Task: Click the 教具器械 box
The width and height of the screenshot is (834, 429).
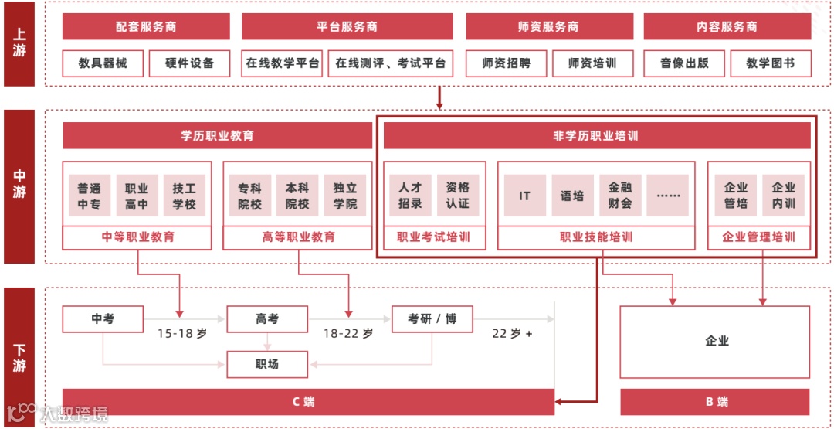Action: click(103, 63)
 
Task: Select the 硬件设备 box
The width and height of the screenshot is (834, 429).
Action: click(189, 63)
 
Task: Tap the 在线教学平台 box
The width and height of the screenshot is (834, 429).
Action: click(282, 63)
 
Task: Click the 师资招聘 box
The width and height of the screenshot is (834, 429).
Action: click(506, 63)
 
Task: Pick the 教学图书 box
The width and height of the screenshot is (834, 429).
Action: click(770, 63)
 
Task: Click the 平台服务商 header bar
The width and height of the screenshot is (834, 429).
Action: click(347, 26)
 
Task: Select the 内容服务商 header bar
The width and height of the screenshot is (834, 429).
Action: click(727, 26)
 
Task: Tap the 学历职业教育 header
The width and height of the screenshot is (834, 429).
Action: click(217, 136)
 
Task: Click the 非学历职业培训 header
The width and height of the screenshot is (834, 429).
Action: click(595, 136)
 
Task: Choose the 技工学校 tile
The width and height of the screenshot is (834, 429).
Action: click(184, 196)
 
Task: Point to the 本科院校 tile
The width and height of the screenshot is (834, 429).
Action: click(297, 196)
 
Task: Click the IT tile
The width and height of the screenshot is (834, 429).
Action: click(525, 196)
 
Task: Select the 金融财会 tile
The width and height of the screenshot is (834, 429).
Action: click(620, 196)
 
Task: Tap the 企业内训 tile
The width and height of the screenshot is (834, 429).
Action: click(783, 196)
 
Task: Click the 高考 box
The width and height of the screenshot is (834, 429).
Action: click(267, 318)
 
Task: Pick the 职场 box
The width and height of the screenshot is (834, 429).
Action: click(267, 364)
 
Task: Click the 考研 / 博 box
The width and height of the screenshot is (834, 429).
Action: click(432, 318)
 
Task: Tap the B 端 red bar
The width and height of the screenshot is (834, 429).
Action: click(716, 402)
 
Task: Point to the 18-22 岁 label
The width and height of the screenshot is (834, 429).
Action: click(347, 334)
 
